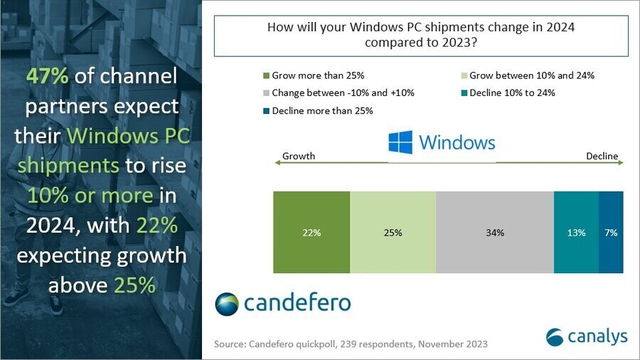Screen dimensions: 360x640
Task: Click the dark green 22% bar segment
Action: [x=311, y=232]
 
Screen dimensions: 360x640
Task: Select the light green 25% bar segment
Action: [x=393, y=232]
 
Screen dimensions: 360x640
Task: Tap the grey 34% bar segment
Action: [x=495, y=232]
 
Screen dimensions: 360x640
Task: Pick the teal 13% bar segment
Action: [x=576, y=232]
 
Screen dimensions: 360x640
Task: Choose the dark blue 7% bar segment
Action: [x=611, y=232]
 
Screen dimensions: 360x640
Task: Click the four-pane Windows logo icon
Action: [x=400, y=142]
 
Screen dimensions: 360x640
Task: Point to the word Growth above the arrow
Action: [x=299, y=156]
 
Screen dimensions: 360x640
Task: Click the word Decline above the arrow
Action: [x=602, y=156]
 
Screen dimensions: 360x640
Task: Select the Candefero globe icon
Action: [x=227, y=302]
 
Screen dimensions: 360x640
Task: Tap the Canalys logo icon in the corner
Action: [x=555, y=335]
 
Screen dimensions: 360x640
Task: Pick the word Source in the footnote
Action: [x=229, y=344]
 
